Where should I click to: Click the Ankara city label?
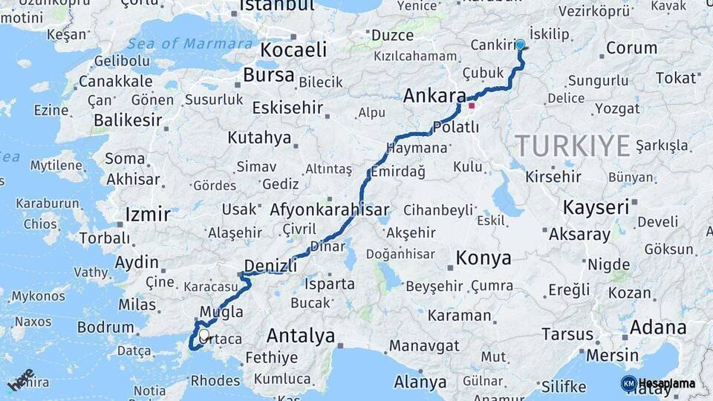[x=434, y=96]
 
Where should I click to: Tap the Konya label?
[x=483, y=258]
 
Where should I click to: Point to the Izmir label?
[x=148, y=215]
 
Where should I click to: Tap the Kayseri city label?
[x=596, y=207]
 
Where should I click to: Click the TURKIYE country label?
[x=573, y=146]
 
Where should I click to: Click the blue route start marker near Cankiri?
[x=520, y=45]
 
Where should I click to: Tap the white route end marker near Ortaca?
[x=204, y=335]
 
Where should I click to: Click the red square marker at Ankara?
[x=471, y=105]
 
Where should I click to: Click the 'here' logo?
[x=20, y=379]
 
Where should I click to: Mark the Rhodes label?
[x=215, y=381]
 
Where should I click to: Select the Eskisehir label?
[x=287, y=108]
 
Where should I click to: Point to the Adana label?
[x=658, y=327]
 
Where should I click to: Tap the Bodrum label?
[x=105, y=327]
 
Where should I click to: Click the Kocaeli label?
[x=293, y=50]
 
